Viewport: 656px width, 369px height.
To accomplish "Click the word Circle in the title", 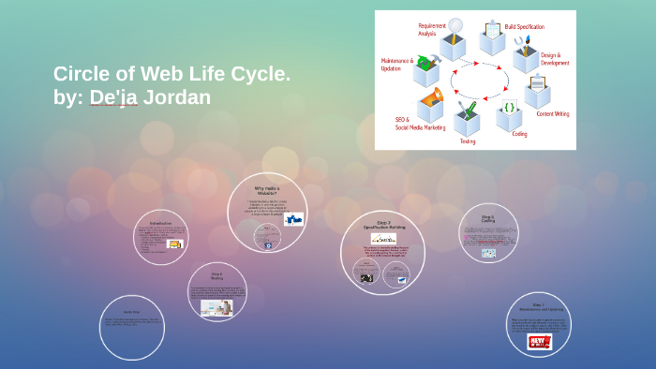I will tap(82, 74).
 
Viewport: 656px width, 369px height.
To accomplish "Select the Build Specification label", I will tap(524, 27).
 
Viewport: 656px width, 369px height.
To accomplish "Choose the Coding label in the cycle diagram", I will tap(519, 134).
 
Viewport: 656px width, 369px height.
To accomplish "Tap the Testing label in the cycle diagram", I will tap(467, 141).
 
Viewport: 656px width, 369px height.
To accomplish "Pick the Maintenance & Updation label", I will tap(396, 65).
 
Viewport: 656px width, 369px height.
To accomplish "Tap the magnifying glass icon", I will tap(455, 27).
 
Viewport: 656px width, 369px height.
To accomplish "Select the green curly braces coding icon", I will tap(509, 108).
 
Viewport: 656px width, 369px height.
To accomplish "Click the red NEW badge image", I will tap(539, 342).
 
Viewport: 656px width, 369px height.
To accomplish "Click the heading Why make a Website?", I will tap(267, 190).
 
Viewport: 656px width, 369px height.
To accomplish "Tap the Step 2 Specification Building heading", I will tap(382, 225).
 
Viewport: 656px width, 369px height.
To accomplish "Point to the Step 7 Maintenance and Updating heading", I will tap(538, 306).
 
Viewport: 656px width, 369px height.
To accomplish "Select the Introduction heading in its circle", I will tap(159, 223).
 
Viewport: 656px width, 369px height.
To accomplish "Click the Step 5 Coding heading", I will tap(487, 219).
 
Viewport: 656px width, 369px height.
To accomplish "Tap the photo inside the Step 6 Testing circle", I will tap(216, 306).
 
